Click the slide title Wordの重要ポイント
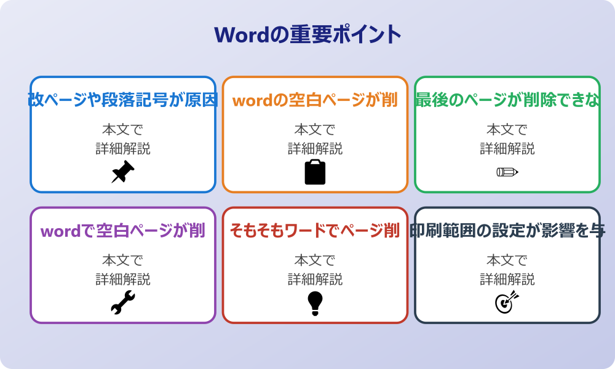(x=307, y=34)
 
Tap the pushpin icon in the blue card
(x=122, y=172)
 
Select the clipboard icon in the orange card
(x=315, y=172)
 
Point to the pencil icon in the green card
(x=507, y=172)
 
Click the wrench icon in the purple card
(x=122, y=303)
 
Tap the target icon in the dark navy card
(x=507, y=303)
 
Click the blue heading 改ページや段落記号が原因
(x=123, y=100)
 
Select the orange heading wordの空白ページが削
(x=315, y=100)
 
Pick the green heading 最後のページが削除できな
(x=507, y=100)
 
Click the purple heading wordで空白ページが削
(x=123, y=231)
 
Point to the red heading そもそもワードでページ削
(x=315, y=231)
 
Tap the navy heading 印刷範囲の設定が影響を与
(x=507, y=231)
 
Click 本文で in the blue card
(x=122, y=130)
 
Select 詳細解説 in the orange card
(x=315, y=149)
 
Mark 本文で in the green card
(x=507, y=130)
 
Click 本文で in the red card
(x=315, y=261)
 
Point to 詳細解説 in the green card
(x=507, y=149)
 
